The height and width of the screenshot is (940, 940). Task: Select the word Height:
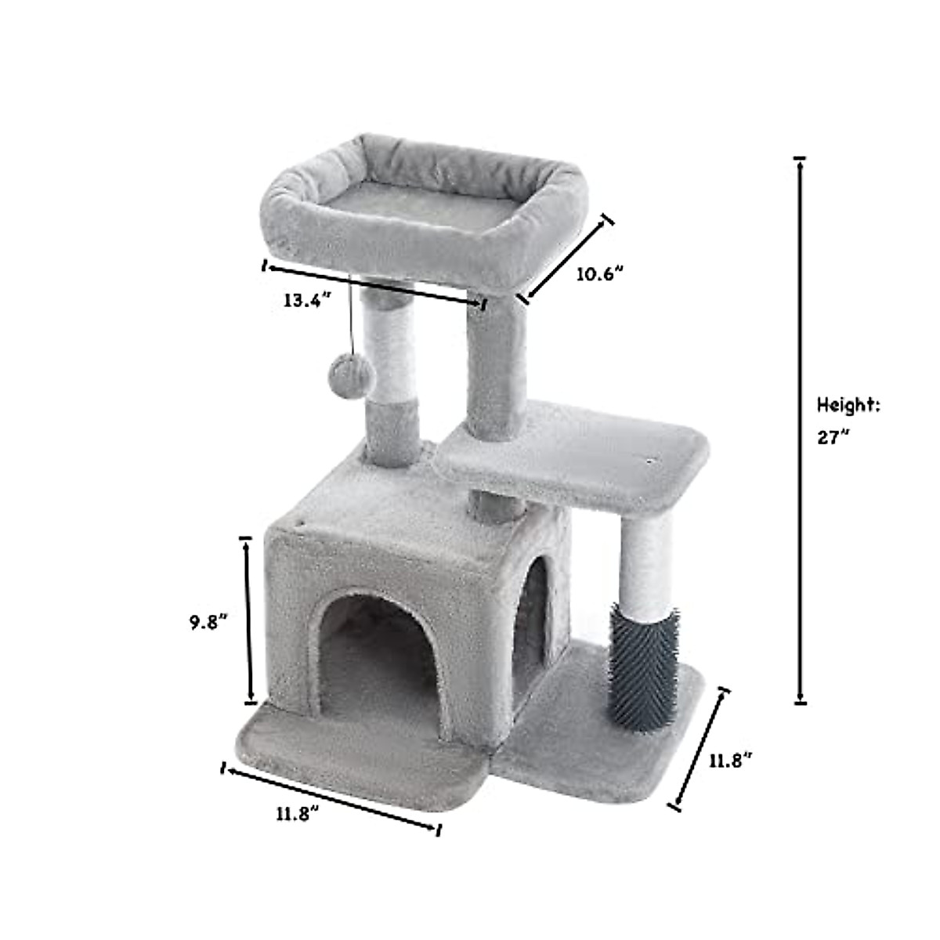pyautogui.click(x=848, y=405)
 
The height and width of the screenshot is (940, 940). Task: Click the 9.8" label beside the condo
pyautogui.click(x=208, y=623)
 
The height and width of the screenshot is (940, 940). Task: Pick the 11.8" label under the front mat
pyautogui.click(x=298, y=813)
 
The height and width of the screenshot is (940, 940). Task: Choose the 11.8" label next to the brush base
pyautogui.click(x=731, y=761)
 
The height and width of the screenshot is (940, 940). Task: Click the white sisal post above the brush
pyautogui.click(x=647, y=561)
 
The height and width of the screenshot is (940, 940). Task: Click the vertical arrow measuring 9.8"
pyautogui.click(x=248, y=619)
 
